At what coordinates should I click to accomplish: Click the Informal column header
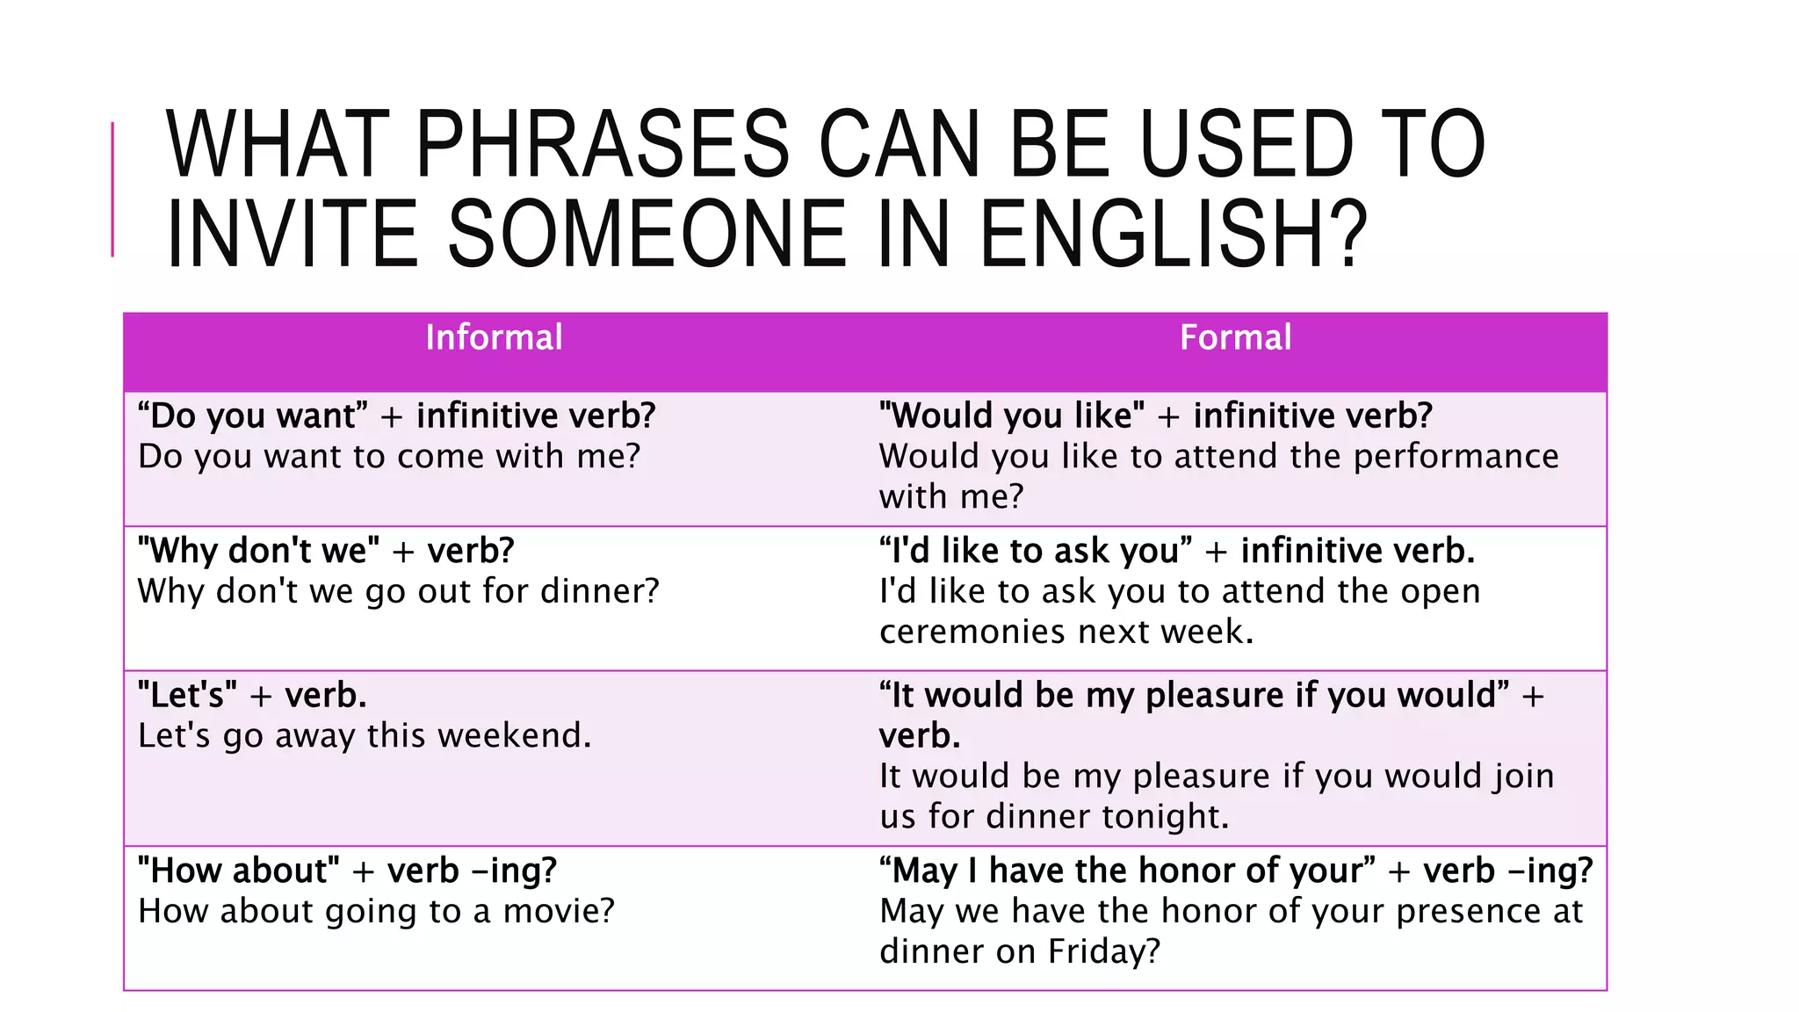coord(494,338)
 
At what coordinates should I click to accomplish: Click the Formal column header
coord(1235,338)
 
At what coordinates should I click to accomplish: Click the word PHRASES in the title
coord(603,144)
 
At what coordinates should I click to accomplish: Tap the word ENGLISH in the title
coord(1174,235)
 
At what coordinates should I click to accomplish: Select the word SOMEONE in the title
coord(647,235)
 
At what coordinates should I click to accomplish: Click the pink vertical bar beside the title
coord(113,189)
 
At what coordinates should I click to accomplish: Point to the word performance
coord(1456,457)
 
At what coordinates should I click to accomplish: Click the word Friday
coord(1104,952)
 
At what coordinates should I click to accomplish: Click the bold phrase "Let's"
coord(187,696)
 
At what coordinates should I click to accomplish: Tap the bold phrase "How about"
coord(238,871)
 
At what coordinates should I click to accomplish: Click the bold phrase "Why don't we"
coord(258,552)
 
